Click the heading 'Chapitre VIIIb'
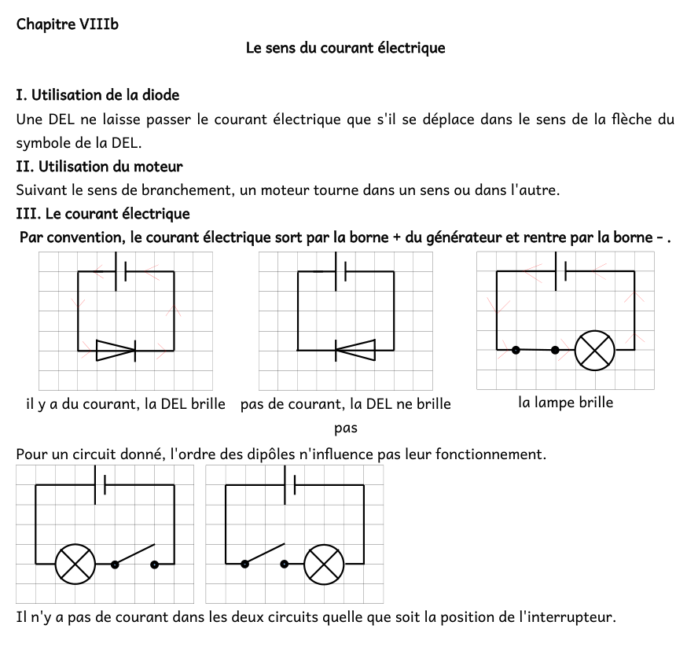pyautogui.click(x=68, y=24)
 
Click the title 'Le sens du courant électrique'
pyautogui.click(x=345, y=49)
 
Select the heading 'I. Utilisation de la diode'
pyautogui.click(x=97, y=95)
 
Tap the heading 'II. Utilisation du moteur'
pyautogui.click(x=99, y=167)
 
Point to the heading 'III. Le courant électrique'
pyautogui.click(x=102, y=214)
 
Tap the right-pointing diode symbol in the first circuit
pyautogui.click(x=116, y=350)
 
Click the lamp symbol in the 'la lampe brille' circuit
pyautogui.click(x=595, y=350)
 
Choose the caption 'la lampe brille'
pyautogui.click(x=565, y=403)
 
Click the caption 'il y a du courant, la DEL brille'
pyautogui.click(x=126, y=404)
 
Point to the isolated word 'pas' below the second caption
pyautogui.click(x=346, y=428)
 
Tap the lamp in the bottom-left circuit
pyautogui.click(x=75, y=564)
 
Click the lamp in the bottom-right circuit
pyautogui.click(x=324, y=564)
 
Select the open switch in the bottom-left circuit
pyautogui.click(x=134, y=556)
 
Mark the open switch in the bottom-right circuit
pyautogui.click(x=264, y=556)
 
